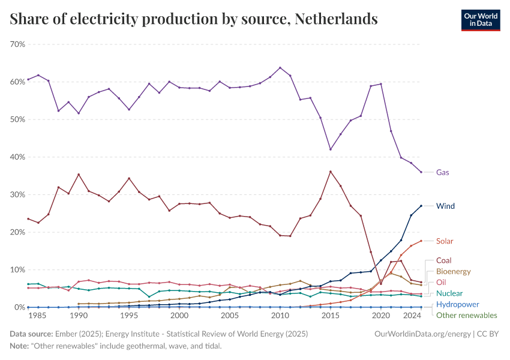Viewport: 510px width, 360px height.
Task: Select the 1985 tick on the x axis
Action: pyautogui.click(x=38, y=316)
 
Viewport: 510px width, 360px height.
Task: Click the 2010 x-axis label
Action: pyautogui.click(x=280, y=316)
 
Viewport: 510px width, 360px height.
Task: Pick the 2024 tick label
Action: pyautogui.click(x=412, y=316)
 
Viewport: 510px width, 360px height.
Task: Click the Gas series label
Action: pyautogui.click(x=443, y=172)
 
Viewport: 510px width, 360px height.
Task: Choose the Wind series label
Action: pyautogui.click(x=445, y=206)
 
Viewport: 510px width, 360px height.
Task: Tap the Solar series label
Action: pyautogui.click(x=445, y=241)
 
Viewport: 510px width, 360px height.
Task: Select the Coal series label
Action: pyautogui.click(x=443, y=261)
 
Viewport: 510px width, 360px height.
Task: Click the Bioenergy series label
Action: pyautogui.click(x=453, y=272)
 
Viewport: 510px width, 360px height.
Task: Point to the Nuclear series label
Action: pyautogui.click(x=449, y=293)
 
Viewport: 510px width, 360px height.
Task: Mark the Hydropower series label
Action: pyautogui.click(x=457, y=304)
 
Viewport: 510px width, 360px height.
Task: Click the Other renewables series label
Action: pyautogui.click(x=466, y=315)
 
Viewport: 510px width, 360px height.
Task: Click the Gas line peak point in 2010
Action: pyautogui.click(x=280, y=68)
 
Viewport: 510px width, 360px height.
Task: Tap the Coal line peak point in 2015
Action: pyautogui.click(x=331, y=172)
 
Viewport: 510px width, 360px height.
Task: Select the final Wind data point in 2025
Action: pyautogui.click(x=421, y=206)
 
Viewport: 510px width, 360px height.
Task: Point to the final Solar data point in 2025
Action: pyautogui.click(x=421, y=241)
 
